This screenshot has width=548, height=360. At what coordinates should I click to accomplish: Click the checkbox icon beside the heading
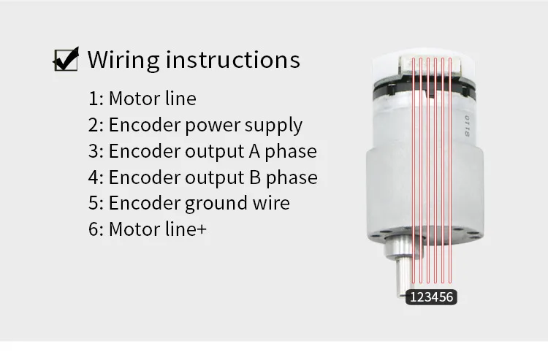66,59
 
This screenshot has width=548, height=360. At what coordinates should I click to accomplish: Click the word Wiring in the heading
123,59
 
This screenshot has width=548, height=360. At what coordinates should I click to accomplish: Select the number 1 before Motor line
93,99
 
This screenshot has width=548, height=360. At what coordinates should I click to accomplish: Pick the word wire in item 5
271,203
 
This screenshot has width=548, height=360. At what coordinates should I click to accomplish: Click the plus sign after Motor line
202,229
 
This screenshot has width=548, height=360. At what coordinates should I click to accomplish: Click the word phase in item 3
289,151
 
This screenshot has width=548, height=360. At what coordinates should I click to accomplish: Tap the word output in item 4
214,177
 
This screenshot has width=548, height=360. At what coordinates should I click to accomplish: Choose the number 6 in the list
94,229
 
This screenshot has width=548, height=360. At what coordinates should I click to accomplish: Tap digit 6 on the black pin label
450,297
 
